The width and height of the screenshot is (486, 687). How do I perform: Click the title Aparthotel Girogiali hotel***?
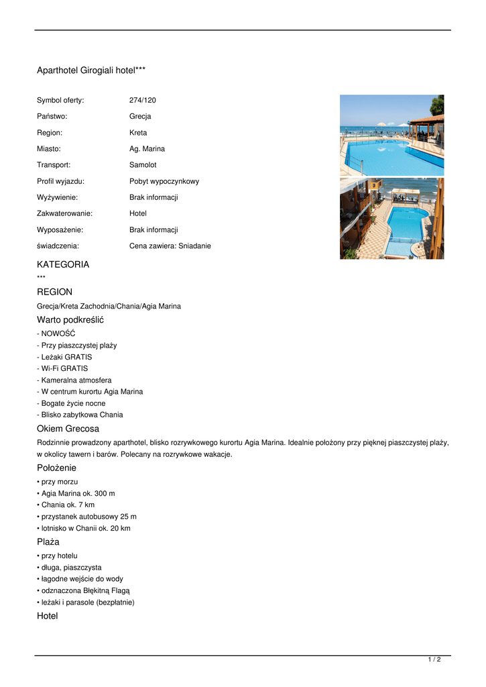click(x=91, y=70)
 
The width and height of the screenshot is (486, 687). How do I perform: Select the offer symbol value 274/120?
click(x=142, y=100)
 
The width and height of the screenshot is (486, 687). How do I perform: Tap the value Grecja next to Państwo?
click(x=140, y=116)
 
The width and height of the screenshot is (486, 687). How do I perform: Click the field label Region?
click(x=50, y=133)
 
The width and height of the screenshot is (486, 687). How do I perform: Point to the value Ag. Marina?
click(x=147, y=149)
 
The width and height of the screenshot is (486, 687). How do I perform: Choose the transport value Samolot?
click(x=143, y=165)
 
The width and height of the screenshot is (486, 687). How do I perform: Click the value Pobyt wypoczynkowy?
click(x=164, y=181)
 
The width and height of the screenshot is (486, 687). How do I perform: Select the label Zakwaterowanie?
click(x=64, y=213)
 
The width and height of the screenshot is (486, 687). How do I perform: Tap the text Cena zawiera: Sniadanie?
click(x=170, y=246)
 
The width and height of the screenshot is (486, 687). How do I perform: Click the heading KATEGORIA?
click(x=63, y=264)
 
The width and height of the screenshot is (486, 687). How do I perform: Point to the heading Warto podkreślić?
click(x=70, y=319)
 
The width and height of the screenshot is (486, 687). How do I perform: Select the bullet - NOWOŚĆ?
click(x=56, y=333)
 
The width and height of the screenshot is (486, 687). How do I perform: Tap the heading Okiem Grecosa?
click(x=68, y=428)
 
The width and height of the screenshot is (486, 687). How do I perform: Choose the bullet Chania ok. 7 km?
click(x=68, y=505)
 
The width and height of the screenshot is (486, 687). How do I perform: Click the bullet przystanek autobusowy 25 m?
click(x=88, y=517)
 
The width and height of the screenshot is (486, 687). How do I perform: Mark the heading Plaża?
click(x=48, y=541)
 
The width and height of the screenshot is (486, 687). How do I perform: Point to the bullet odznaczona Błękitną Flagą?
click(x=85, y=590)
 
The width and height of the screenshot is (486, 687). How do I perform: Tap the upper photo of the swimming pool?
click(x=391, y=135)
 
